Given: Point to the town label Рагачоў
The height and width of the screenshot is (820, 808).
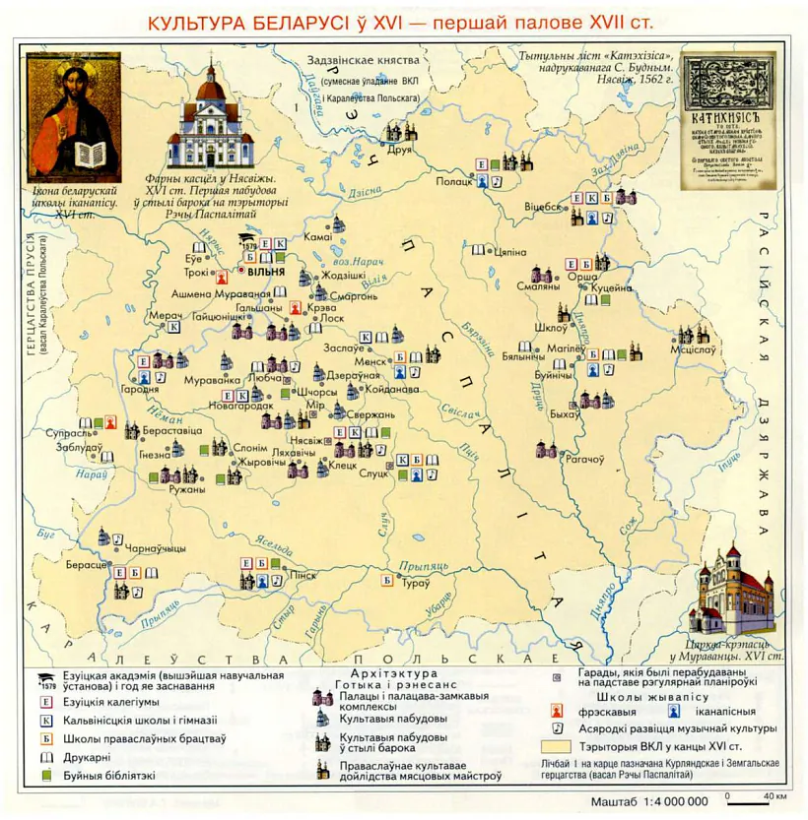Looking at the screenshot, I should (583, 459).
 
